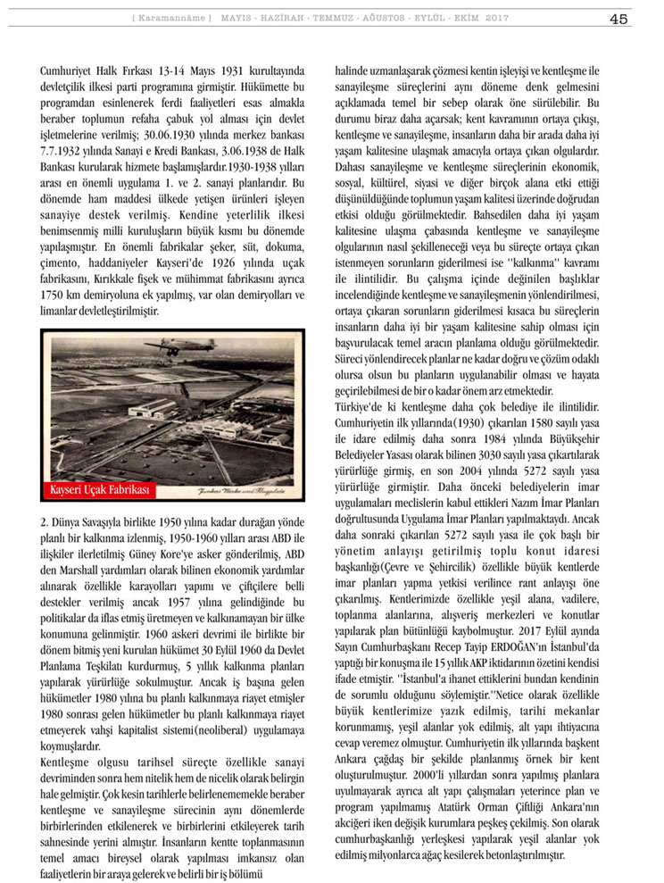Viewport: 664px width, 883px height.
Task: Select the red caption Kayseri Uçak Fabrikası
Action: click(100, 490)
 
